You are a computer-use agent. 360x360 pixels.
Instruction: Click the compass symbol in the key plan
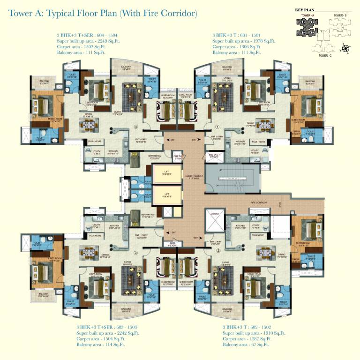(x=345, y=47)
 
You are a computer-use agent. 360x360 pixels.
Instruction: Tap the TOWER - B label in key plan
(x=340, y=16)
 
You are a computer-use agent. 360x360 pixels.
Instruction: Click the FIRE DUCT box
(x=178, y=157)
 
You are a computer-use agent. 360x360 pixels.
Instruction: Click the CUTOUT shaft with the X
(x=215, y=219)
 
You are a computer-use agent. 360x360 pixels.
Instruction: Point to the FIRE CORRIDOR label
(x=258, y=202)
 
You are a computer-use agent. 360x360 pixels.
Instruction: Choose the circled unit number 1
(x=217, y=126)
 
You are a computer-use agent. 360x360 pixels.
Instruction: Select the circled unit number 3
(x=135, y=253)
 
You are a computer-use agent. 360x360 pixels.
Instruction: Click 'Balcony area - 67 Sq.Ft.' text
(x=245, y=345)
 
